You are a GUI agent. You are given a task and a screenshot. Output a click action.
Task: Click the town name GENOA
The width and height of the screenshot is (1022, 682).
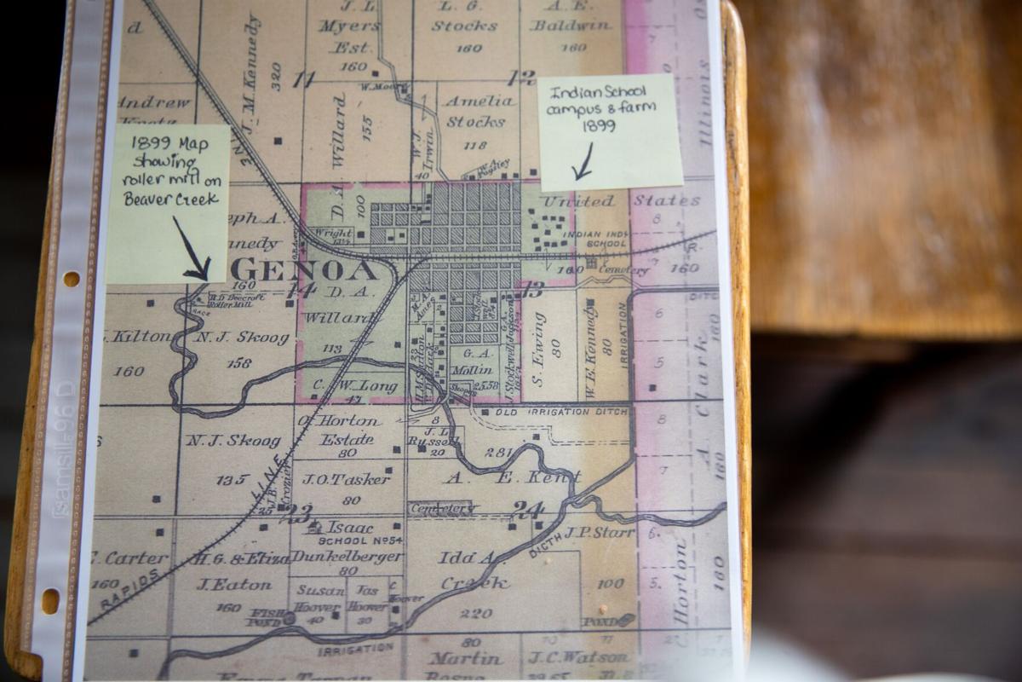tap(302, 271)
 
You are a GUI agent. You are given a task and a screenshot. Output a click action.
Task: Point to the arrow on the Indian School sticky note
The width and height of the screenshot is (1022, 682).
tap(583, 162)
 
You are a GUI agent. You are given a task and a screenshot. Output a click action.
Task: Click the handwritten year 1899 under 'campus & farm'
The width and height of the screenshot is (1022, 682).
tap(599, 126)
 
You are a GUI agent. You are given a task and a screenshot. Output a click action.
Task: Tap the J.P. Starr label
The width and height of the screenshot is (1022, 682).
tap(600, 534)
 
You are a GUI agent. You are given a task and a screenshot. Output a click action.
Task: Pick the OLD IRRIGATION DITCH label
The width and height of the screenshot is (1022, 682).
tap(560, 412)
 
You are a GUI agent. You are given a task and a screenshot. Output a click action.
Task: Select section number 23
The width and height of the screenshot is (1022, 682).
tap(299, 513)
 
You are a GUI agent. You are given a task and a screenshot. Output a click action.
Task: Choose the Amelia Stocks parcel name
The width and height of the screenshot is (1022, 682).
tap(479, 112)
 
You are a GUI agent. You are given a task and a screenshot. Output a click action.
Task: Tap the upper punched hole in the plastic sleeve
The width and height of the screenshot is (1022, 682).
tap(71, 279)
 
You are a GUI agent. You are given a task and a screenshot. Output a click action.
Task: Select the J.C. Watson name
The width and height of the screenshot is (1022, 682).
tap(579, 657)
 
